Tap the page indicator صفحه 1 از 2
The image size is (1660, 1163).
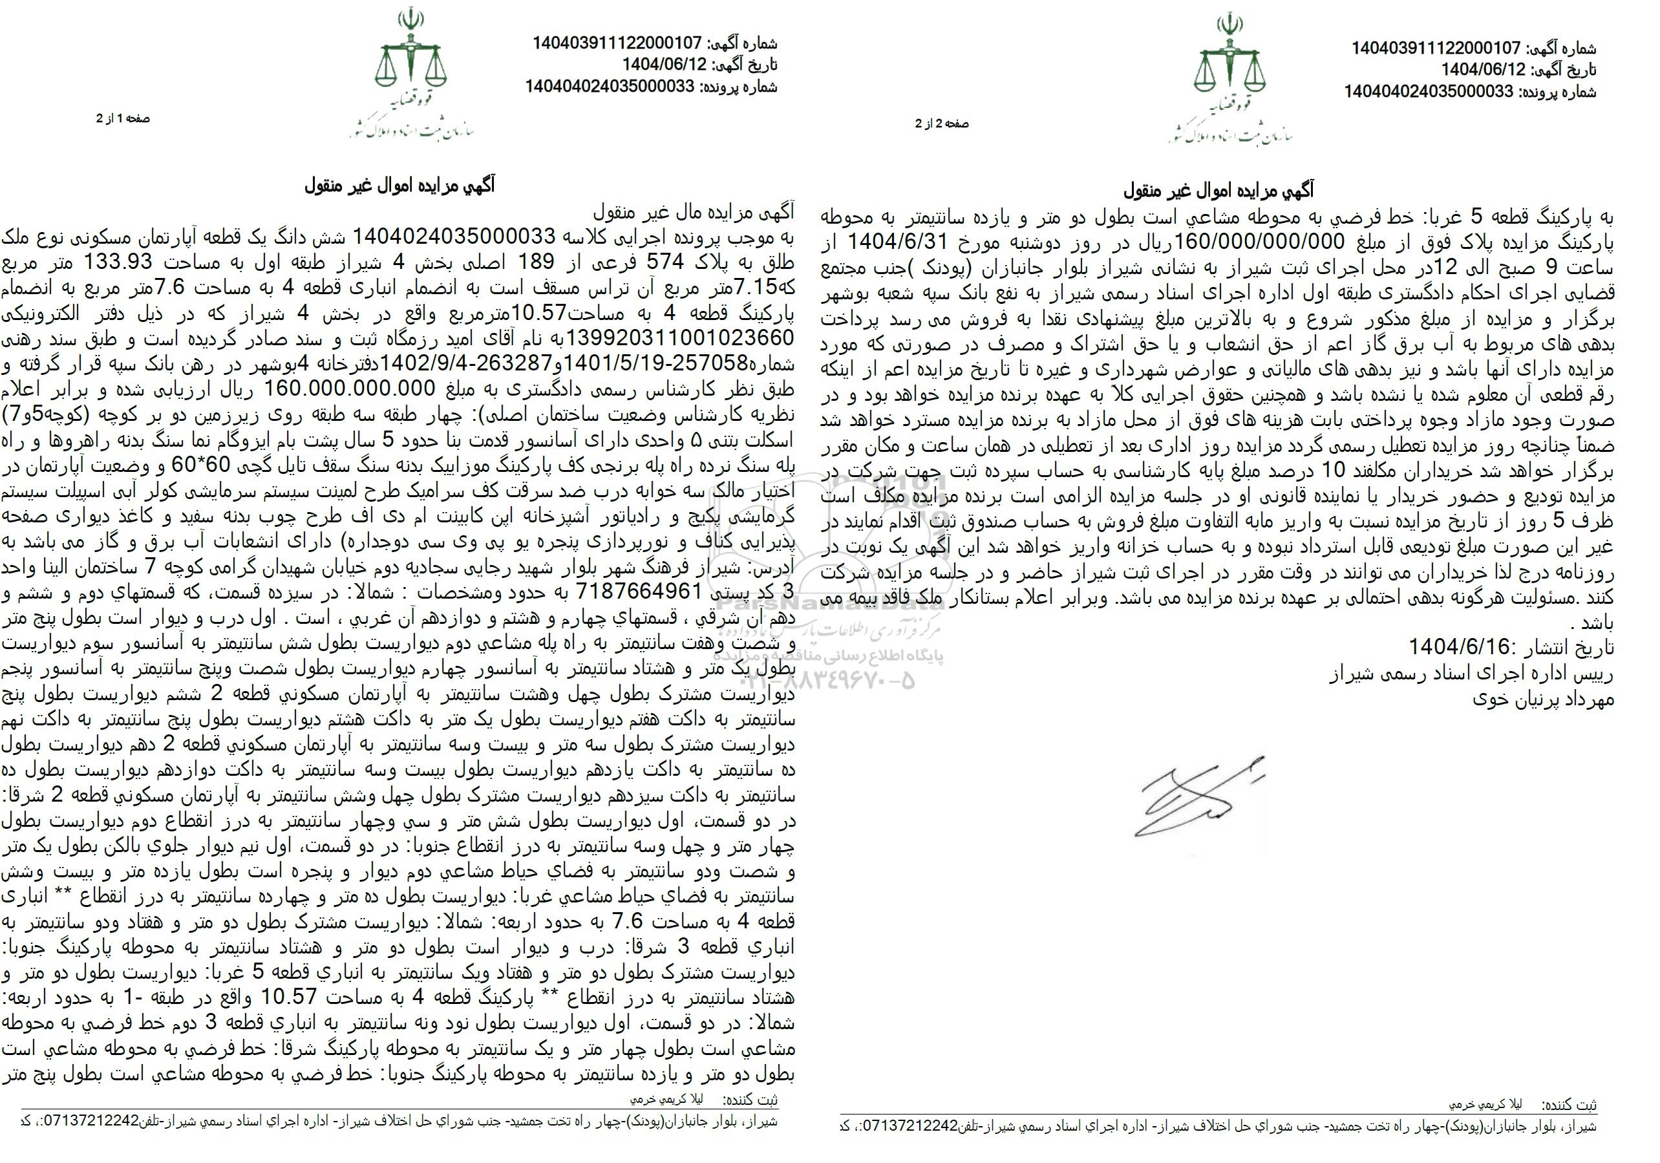click(x=123, y=118)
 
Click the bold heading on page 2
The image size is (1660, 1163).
click(x=1218, y=191)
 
